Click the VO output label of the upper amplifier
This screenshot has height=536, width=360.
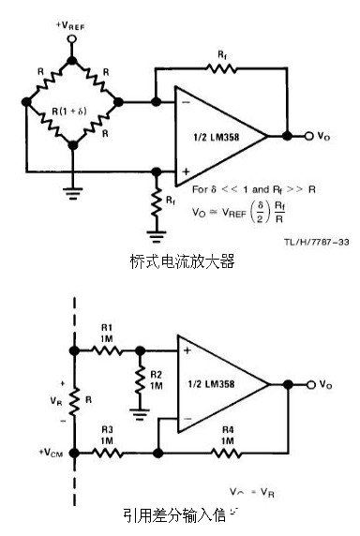(323, 137)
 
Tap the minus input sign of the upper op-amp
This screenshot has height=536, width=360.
(186, 102)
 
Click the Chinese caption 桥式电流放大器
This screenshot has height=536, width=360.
(180, 261)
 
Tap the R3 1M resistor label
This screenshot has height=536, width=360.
(106, 433)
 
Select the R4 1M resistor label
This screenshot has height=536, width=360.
(229, 433)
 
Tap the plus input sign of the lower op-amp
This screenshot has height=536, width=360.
(186, 350)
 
